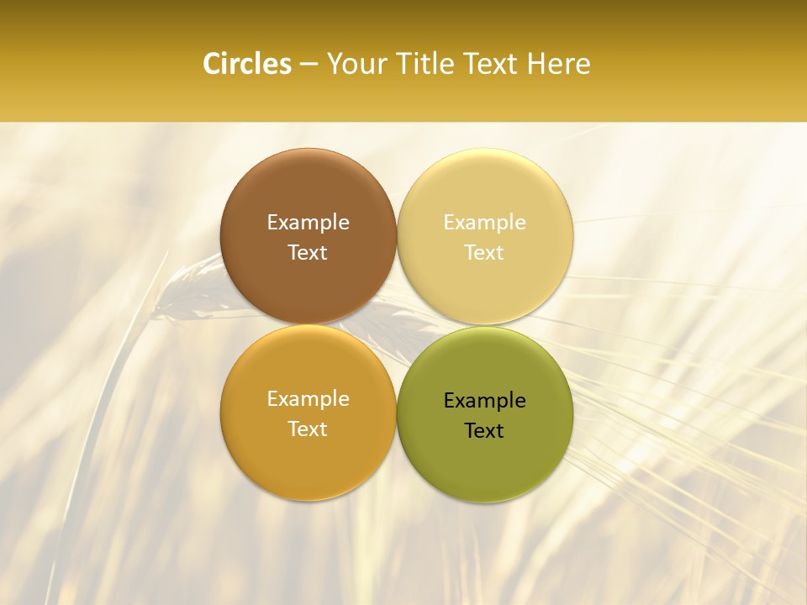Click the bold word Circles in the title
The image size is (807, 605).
(x=246, y=64)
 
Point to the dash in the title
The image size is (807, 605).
(x=309, y=65)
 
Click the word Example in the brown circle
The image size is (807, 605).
(x=308, y=223)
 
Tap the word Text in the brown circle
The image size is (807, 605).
(x=308, y=252)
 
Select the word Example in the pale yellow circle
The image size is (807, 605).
(x=484, y=223)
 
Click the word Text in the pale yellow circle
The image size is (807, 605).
(x=484, y=252)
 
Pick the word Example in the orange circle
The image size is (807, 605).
(x=308, y=399)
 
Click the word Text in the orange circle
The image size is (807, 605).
(x=308, y=429)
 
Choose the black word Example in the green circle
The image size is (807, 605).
(x=484, y=401)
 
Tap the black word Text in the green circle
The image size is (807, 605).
(x=484, y=430)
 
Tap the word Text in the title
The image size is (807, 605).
(x=488, y=64)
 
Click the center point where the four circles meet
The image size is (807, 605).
(x=397, y=325)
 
